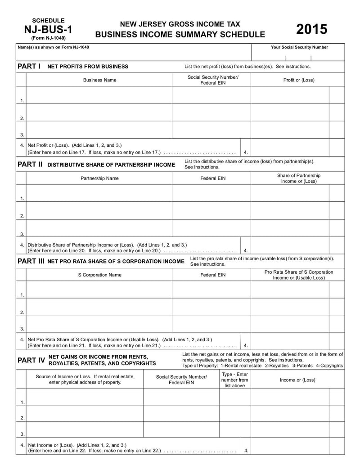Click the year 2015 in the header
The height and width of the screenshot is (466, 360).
point(312,30)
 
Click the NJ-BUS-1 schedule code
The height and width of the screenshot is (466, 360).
point(48,30)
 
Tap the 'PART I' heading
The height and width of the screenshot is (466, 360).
point(29,66)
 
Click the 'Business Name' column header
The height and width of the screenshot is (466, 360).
point(99,80)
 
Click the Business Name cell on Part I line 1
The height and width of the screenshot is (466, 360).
point(99,95)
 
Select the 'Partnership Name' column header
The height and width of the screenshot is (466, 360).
point(99,178)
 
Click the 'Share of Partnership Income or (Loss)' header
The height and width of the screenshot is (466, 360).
point(299,178)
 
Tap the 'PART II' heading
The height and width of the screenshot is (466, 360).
point(30,164)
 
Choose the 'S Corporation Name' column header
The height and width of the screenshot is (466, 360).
point(99,275)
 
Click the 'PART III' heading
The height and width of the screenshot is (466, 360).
point(31,261)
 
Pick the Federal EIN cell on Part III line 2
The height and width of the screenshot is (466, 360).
point(211,307)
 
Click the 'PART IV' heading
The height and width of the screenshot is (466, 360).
point(31,360)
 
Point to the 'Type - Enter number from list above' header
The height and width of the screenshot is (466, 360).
point(234,380)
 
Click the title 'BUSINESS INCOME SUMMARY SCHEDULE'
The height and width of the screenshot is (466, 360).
point(180,35)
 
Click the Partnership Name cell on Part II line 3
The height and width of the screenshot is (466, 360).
point(99,228)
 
